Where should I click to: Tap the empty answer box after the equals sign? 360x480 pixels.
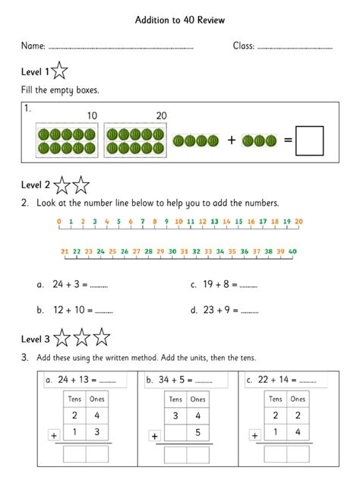click(x=309, y=141)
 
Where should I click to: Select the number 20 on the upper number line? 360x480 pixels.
click(x=298, y=222)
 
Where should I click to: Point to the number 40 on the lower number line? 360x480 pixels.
click(x=292, y=251)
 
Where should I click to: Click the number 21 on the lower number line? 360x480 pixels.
click(x=65, y=251)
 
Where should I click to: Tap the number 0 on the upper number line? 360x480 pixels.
click(x=58, y=222)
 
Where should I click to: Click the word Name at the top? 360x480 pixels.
click(x=33, y=46)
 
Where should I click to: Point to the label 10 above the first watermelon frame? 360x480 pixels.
click(x=92, y=115)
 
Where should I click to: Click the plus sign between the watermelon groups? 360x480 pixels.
click(x=231, y=141)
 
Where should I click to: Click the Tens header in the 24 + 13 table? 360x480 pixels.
click(x=74, y=399)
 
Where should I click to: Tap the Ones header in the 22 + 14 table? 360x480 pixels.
click(x=298, y=399)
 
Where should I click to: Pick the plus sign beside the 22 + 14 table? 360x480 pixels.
click(x=255, y=435)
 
